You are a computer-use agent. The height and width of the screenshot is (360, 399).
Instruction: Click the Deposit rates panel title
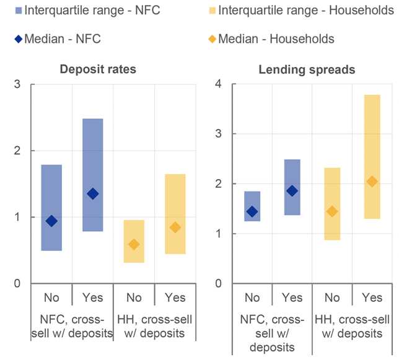[x=98, y=69]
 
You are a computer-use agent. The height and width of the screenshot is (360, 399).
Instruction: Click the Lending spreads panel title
[x=307, y=69]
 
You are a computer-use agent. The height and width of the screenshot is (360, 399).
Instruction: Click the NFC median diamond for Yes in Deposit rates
[x=92, y=194]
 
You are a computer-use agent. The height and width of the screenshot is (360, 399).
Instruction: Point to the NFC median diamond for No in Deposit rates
[x=51, y=221]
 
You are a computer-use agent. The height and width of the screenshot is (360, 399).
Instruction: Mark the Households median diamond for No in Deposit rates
[x=134, y=245]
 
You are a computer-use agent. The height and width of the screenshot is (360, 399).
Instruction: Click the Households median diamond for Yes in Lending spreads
[x=372, y=182]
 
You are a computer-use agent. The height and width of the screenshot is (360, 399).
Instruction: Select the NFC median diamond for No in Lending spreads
[x=252, y=211]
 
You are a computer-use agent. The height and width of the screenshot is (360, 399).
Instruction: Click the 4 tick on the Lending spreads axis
[x=217, y=84]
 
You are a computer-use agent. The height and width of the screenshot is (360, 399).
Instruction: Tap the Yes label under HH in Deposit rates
[x=175, y=297]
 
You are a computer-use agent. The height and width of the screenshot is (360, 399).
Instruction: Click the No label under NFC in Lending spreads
[x=252, y=297]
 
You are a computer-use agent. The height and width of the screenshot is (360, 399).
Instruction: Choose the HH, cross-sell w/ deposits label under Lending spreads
[x=352, y=326]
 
